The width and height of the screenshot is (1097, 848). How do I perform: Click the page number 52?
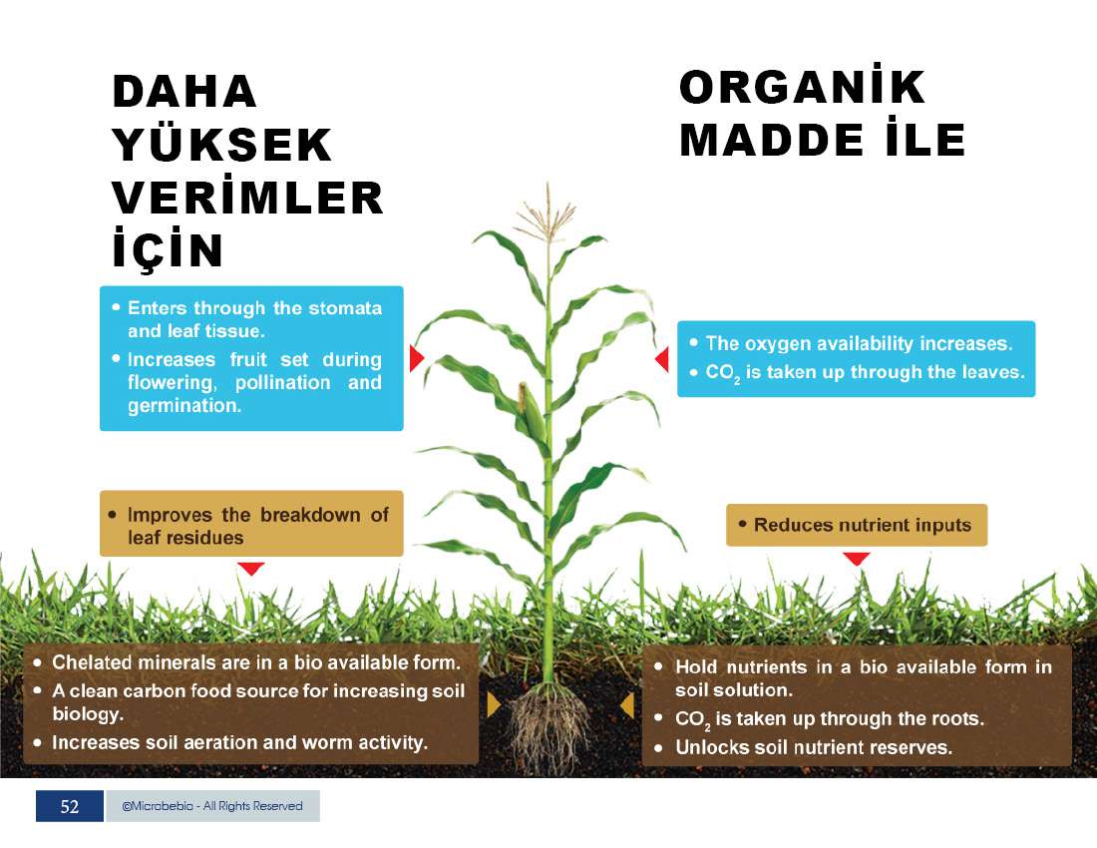(x=69, y=807)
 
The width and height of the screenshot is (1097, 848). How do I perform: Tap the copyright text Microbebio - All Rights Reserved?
(x=212, y=806)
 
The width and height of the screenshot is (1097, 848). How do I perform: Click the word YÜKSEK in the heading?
(x=221, y=144)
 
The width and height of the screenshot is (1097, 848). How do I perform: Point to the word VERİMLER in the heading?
(x=247, y=198)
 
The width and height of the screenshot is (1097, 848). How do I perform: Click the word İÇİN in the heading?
(x=168, y=247)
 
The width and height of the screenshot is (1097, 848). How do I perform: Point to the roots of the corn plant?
(x=550, y=727)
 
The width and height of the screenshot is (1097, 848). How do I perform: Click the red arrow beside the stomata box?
(x=416, y=358)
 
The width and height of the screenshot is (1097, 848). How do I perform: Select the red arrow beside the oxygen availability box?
(x=662, y=359)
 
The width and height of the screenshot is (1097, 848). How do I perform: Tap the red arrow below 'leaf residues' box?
(x=250, y=568)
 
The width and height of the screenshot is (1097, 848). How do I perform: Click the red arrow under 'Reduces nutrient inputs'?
(x=857, y=559)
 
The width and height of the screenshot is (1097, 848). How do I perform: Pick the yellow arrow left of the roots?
(x=494, y=704)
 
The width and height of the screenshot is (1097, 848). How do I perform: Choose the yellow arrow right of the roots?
(x=627, y=705)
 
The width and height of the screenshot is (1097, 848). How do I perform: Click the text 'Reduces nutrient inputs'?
(x=863, y=525)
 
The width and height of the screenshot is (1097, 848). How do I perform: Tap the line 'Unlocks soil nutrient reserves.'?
(x=814, y=747)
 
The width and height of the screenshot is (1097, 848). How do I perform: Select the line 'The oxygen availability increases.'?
(x=859, y=343)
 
